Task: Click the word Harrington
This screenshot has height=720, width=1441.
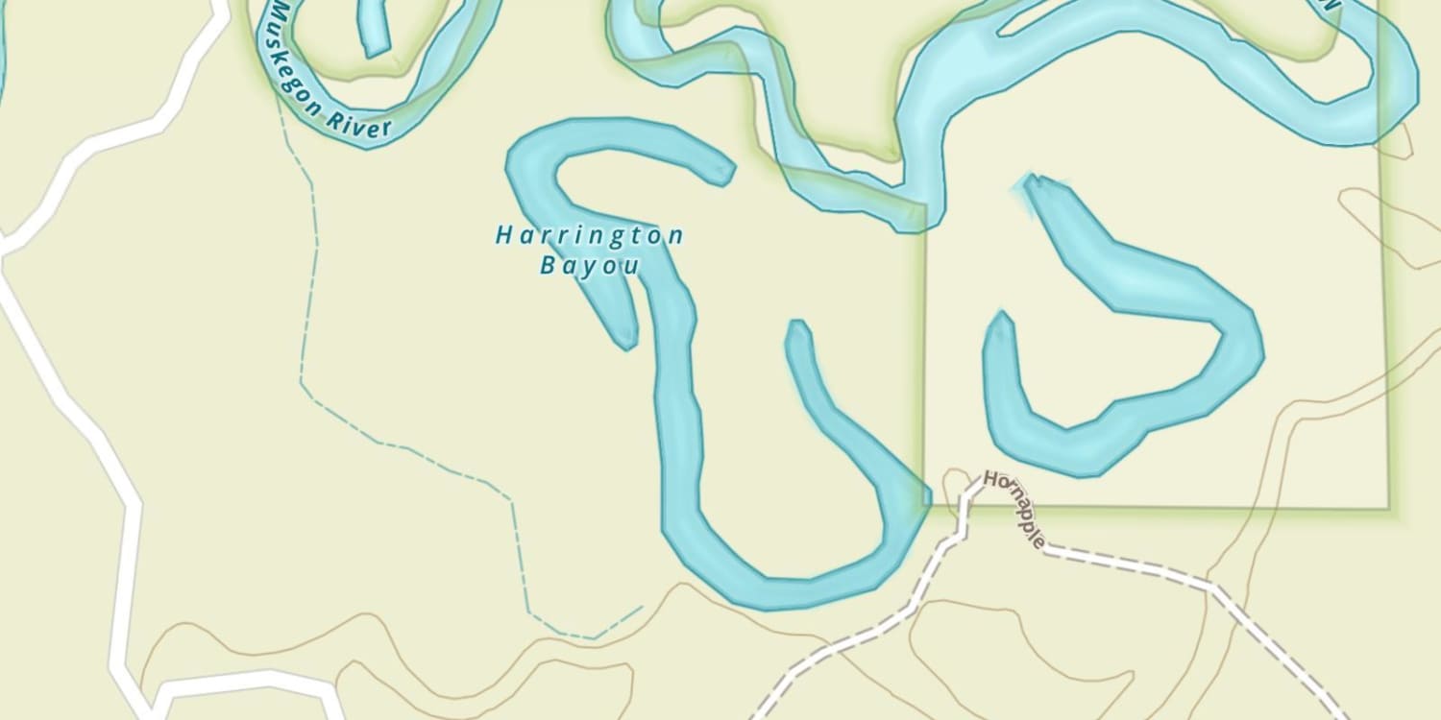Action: [589, 235]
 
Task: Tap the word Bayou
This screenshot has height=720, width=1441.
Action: [589, 266]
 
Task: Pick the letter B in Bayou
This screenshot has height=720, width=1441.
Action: [548, 266]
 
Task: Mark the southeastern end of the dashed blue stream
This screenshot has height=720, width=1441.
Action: [641, 607]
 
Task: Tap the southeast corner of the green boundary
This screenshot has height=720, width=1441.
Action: [1388, 508]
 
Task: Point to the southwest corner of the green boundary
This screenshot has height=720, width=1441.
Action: [926, 504]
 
